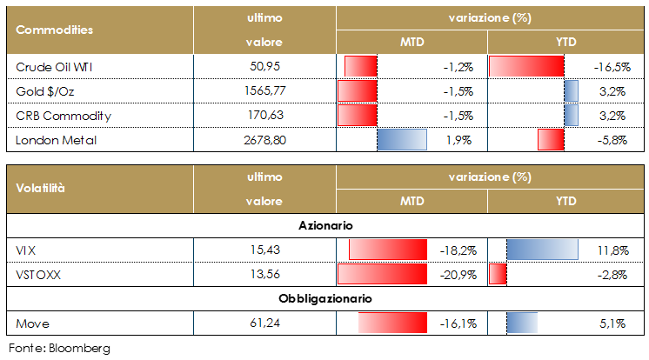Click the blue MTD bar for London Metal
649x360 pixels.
pos(402,139)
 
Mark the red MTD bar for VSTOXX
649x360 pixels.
pos(384,275)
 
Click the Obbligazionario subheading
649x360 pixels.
pos(325,298)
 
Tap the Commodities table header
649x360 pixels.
pos(55,30)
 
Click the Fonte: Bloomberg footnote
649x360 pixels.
pos(60,348)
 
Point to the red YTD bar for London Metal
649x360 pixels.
pos(551,139)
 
